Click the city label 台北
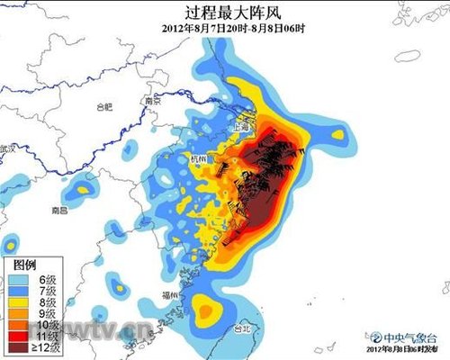tap(243, 328)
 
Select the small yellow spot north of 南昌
tap(85, 189)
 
